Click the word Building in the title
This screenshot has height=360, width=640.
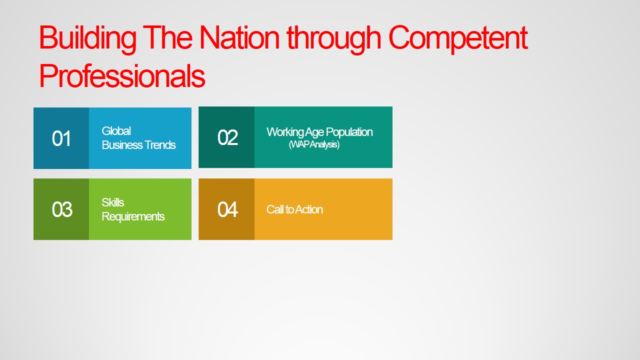pyautogui.click(x=87, y=38)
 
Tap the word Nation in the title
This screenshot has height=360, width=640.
pyautogui.click(x=239, y=37)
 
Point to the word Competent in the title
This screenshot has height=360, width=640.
pyautogui.click(x=457, y=38)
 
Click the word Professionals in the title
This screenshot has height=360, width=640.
pyautogui.click(x=122, y=75)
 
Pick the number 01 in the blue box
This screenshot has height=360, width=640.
pyautogui.click(x=61, y=138)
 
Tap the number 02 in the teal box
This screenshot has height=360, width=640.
pyautogui.click(x=227, y=137)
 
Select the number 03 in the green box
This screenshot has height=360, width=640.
pyautogui.click(x=61, y=209)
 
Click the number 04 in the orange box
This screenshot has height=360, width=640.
pyautogui.click(x=227, y=209)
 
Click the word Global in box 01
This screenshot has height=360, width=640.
pyautogui.click(x=116, y=131)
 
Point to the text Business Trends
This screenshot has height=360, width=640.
pyautogui.click(x=139, y=145)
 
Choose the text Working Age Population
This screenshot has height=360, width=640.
pyautogui.click(x=319, y=132)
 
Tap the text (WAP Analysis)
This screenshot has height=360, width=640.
pyautogui.click(x=314, y=144)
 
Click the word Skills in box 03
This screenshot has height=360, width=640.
pyautogui.click(x=113, y=202)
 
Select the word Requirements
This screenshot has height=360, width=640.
pyautogui.click(x=133, y=216)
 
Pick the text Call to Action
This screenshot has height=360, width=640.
pyautogui.click(x=294, y=209)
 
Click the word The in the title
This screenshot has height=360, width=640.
pyautogui.click(x=167, y=37)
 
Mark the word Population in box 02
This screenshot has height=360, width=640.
pyautogui.click(x=349, y=132)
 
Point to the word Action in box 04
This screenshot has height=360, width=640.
pyautogui.click(x=309, y=209)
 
